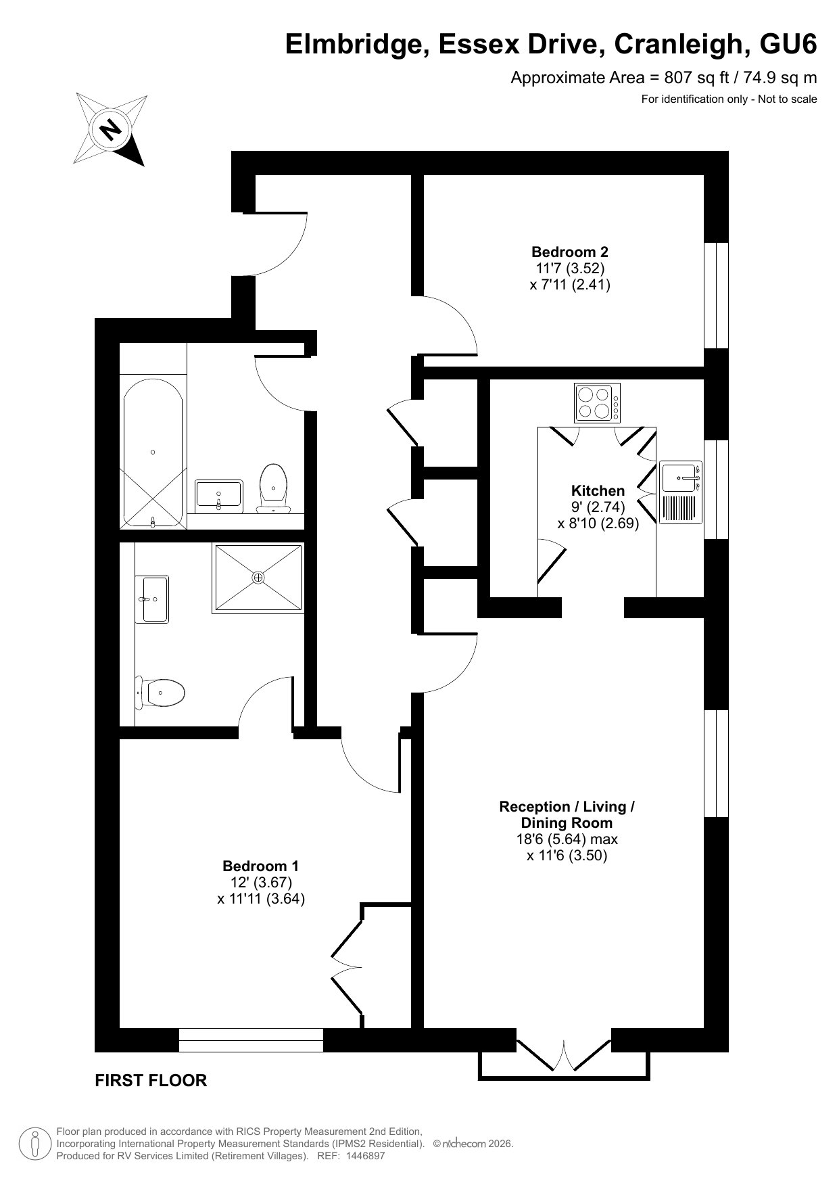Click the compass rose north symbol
(110, 128)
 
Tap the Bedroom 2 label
(569, 252)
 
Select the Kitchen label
(598, 490)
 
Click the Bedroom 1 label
(260, 866)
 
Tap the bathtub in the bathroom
(153, 452)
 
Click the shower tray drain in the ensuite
(258, 578)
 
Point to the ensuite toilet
(160, 691)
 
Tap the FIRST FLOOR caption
(151, 1080)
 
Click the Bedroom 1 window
(251, 1040)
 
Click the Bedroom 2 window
(717, 295)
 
